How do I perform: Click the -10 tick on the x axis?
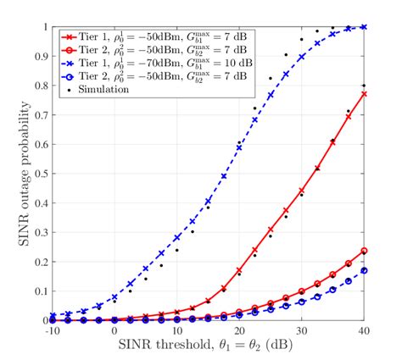click(52, 331)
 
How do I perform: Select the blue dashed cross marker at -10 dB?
click(53, 316)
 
